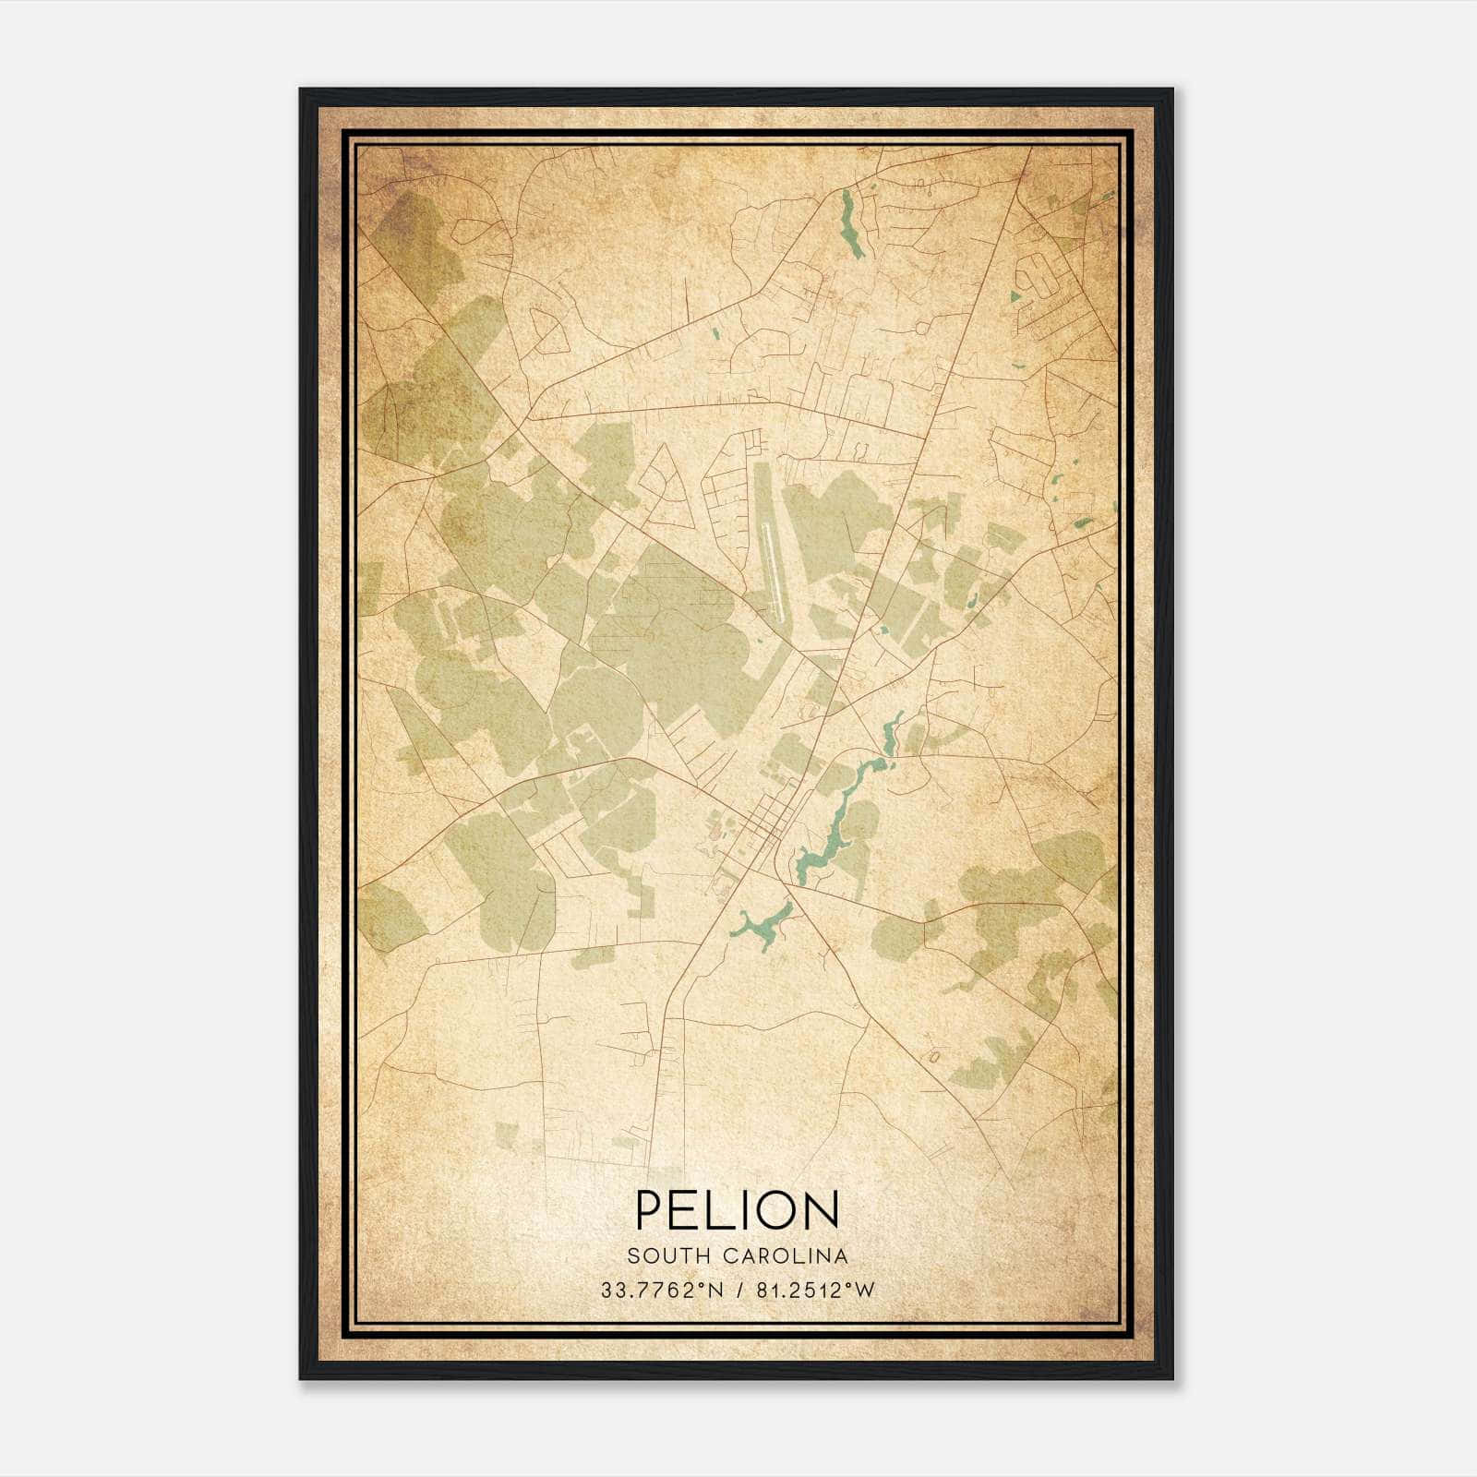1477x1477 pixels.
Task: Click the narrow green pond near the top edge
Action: coord(850,222)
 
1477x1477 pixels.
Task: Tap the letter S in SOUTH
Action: coord(632,1256)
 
